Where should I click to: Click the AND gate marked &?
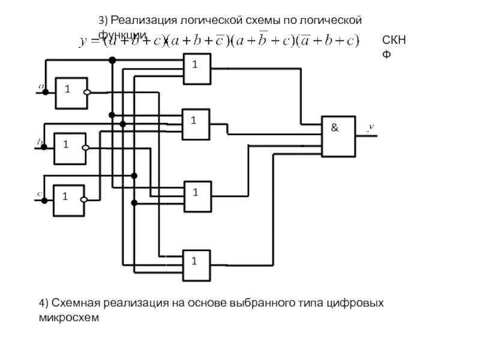click(338, 136)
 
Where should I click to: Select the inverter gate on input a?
click(71, 93)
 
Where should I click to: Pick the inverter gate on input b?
click(69, 148)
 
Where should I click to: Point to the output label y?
click(371, 127)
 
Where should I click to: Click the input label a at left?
click(43, 86)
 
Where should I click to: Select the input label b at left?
click(40, 142)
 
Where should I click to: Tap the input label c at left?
click(40, 194)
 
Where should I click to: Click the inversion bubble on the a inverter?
click(88, 93)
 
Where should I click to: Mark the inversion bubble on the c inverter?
click(85, 200)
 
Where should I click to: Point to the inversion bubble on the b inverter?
click(85, 148)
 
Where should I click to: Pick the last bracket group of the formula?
click(330, 41)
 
